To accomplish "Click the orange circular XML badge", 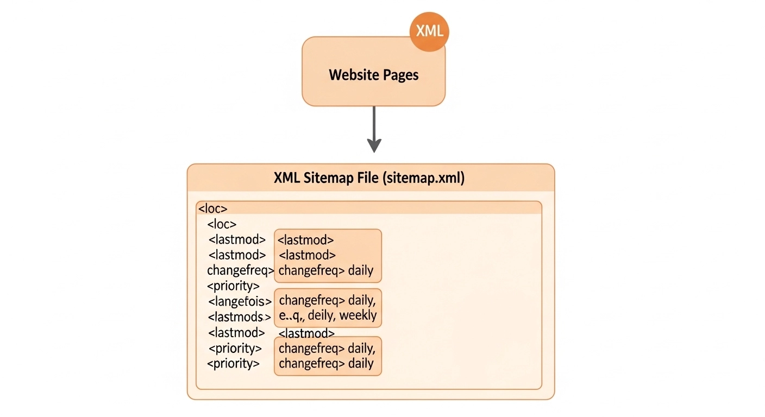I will (x=429, y=31).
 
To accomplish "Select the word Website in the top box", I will (x=350, y=74).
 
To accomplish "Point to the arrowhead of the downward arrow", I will (x=374, y=146).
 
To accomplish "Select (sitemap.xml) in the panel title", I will (x=424, y=178).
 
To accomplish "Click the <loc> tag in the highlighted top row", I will (x=212, y=208).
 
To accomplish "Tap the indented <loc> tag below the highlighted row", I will (x=222, y=224).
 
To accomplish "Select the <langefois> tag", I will (x=240, y=301).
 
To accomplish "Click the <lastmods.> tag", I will (x=239, y=317).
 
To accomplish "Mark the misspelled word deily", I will (x=321, y=315).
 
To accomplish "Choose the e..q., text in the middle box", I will (x=292, y=315).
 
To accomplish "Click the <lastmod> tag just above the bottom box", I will (x=306, y=333).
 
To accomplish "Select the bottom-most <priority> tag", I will (x=233, y=363).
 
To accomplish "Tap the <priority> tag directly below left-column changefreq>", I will (x=233, y=286).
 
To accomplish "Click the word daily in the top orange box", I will (x=361, y=270).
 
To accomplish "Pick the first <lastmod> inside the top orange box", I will (x=305, y=239).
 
